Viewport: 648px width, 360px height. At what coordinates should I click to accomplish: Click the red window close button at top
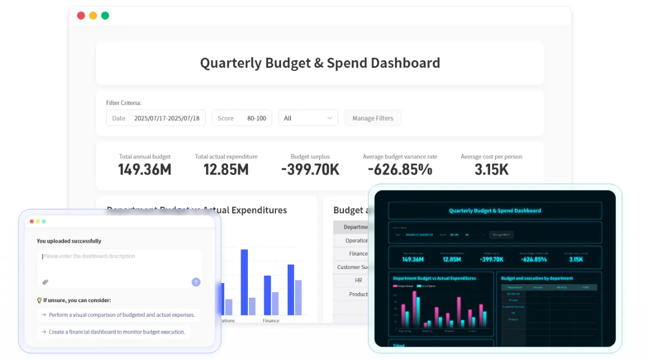pos(81,16)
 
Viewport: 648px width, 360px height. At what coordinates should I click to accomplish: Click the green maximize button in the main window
pos(105,16)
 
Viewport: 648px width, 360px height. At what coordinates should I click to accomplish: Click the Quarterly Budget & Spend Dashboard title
pos(320,63)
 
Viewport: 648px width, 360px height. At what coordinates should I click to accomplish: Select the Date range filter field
pos(156,118)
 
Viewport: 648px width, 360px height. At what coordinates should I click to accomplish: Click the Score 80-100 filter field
pos(242,118)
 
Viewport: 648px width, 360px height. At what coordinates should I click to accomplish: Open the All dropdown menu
pos(308,118)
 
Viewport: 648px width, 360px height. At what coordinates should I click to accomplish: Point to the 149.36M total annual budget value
pos(144,170)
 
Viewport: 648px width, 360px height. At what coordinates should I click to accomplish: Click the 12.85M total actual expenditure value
pos(226,170)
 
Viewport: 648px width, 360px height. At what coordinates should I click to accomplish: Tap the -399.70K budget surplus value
pos(310,170)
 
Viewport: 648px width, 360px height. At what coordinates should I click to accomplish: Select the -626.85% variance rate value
pos(400,170)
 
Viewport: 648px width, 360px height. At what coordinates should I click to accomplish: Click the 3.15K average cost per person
pos(491,170)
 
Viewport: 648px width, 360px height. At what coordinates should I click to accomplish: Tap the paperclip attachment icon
pos(46,282)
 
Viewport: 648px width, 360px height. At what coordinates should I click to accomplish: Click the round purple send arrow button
pos(196,282)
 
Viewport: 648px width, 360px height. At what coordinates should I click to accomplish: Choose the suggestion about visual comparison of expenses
pos(119,315)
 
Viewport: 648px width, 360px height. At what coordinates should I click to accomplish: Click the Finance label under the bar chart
pos(271,321)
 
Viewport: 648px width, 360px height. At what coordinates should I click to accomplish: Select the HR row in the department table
pos(358,280)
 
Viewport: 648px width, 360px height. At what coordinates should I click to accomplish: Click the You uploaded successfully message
pos(69,241)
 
